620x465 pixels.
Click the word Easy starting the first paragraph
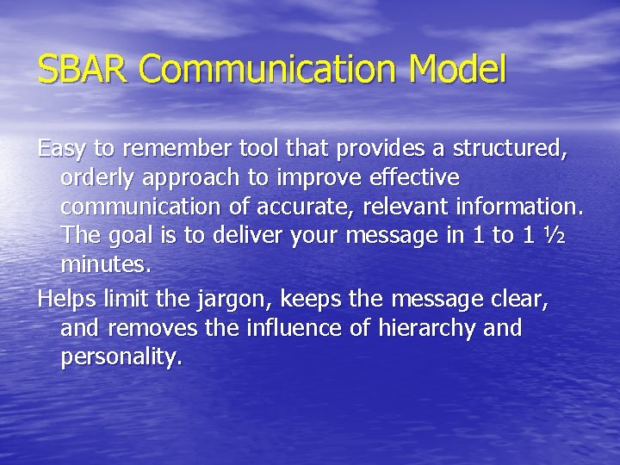click(x=63, y=149)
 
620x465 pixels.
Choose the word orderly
click(x=94, y=177)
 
